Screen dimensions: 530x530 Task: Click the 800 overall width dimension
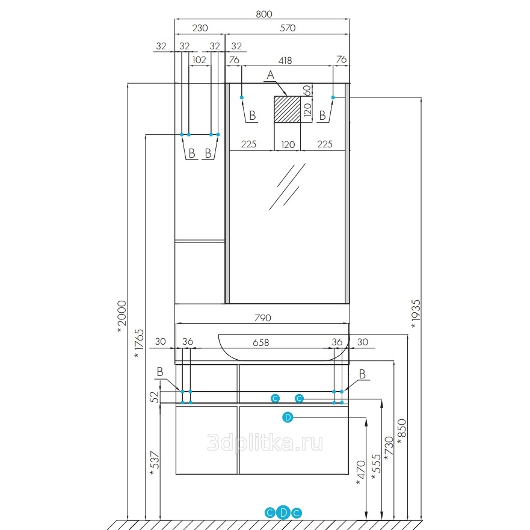pyautogui.click(x=263, y=14)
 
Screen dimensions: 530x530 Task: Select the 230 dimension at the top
pyautogui.click(x=200, y=28)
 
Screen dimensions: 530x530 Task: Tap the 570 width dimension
pyautogui.click(x=288, y=28)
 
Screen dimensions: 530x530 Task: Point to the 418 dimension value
pyautogui.click(x=285, y=61)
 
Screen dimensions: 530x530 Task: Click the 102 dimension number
pyautogui.click(x=199, y=60)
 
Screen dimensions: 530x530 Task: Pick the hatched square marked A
pyautogui.click(x=287, y=109)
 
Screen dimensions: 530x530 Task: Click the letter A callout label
pyautogui.click(x=270, y=75)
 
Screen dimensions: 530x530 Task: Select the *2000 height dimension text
pyautogui.click(x=122, y=316)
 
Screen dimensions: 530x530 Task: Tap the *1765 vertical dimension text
pyautogui.click(x=139, y=344)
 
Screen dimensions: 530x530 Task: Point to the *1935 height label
pyautogui.click(x=416, y=314)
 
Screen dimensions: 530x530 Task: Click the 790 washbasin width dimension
pyautogui.click(x=263, y=318)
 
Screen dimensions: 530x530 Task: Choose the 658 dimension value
pyautogui.click(x=261, y=343)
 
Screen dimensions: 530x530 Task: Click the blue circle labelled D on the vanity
pyautogui.click(x=288, y=418)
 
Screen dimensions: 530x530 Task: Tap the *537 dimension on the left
pyautogui.click(x=154, y=463)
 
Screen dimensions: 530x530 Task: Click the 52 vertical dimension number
pyautogui.click(x=154, y=397)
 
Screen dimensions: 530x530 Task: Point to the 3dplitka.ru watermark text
pyautogui.click(x=265, y=443)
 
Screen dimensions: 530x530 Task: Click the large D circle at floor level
pyautogui.click(x=283, y=513)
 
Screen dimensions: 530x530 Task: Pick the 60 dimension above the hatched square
pyautogui.click(x=307, y=90)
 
